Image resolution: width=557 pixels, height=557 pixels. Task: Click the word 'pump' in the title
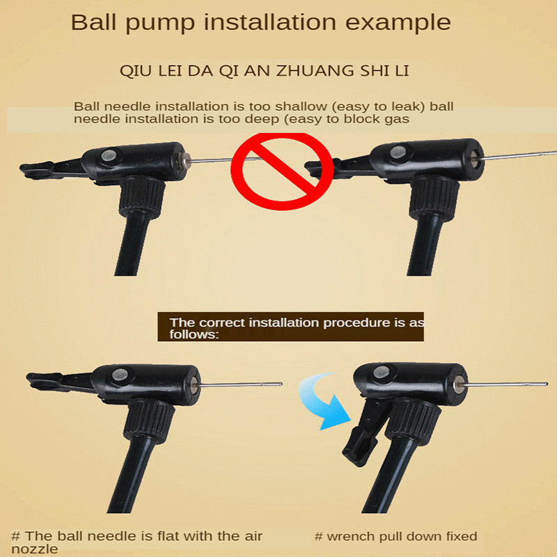[160, 24]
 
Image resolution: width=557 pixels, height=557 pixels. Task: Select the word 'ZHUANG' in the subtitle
[315, 71]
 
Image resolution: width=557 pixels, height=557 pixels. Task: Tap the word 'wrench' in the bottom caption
[351, 536]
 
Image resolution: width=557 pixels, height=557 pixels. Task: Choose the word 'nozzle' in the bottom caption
[34, 549]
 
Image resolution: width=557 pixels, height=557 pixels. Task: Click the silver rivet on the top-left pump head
[108, 155]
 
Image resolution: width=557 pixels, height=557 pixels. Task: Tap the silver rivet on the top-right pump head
[398, 152]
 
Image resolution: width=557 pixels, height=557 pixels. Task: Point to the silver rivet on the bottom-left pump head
[119, 375]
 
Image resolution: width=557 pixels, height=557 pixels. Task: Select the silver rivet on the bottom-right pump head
[380, 372]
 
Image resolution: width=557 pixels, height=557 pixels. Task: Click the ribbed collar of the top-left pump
[142, 196]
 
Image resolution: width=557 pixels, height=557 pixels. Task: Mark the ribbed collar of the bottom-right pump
[413, 418]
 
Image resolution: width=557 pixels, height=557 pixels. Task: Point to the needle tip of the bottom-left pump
[281, 384]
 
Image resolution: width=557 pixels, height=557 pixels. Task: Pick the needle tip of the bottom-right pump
[546, 384]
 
